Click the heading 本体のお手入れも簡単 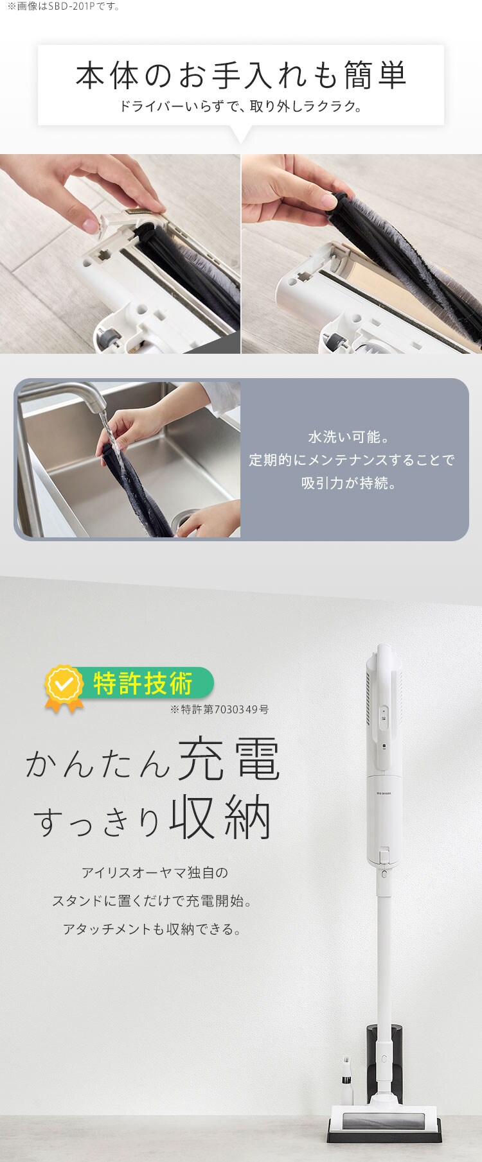point(241,76)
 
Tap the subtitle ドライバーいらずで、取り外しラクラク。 point(241,106)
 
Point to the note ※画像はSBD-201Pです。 point(64,6)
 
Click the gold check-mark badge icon point(64,686)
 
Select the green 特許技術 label point(143,683)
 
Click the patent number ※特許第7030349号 point(219,709)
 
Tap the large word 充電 point(229,760)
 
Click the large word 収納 point(220,817)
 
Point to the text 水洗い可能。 point(350,437)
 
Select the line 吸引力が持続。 point(350,483)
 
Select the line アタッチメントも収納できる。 point(152,929)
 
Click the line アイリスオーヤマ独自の point(154,872)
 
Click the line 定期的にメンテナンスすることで point(351,460)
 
